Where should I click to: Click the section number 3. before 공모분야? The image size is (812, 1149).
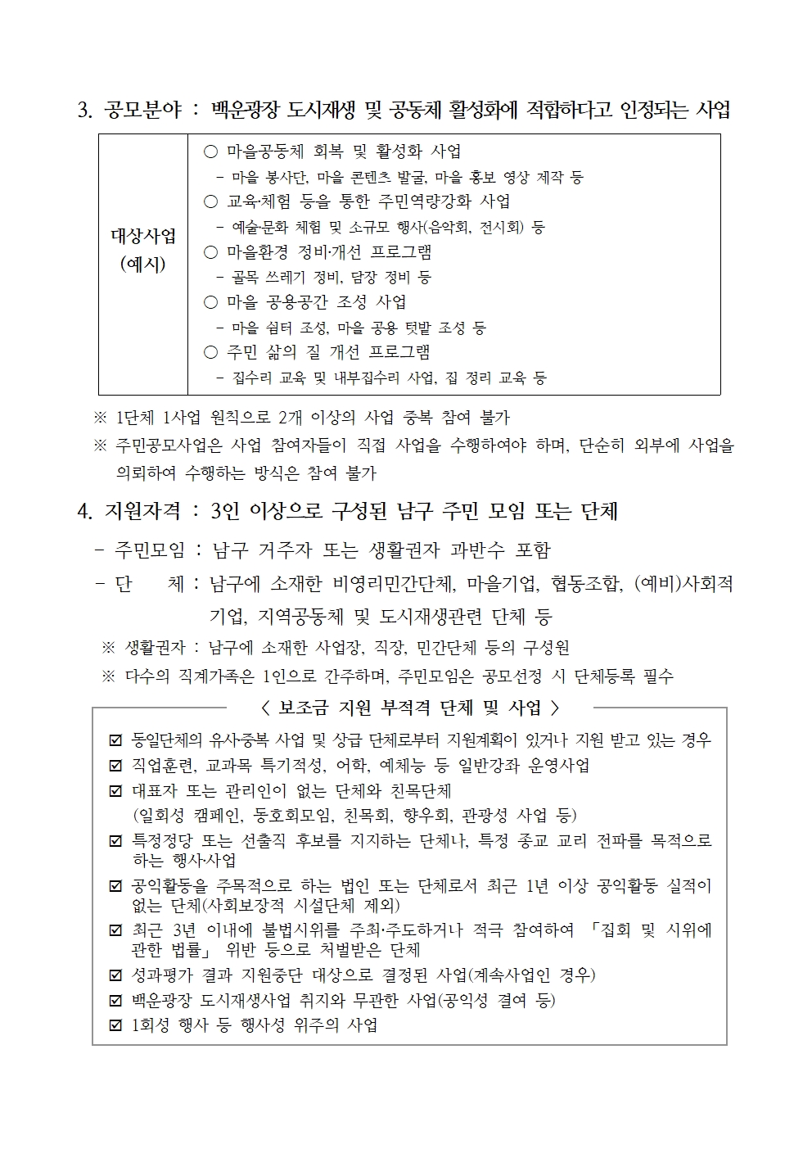click(84, 111)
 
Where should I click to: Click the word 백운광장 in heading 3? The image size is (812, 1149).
click(246, 110)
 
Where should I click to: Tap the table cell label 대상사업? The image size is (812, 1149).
click(143, 237)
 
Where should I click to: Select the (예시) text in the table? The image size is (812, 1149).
click(143, 265)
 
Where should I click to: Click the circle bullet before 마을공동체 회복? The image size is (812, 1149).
click(210, 152)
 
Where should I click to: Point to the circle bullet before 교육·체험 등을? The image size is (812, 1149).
click(210, 201)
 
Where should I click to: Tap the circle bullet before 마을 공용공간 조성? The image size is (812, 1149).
click(210, 302)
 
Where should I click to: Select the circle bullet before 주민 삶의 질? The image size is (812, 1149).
click(210, 352)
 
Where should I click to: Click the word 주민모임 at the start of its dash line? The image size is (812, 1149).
click(149, 550)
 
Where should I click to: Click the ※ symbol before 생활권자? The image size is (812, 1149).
click(108, 648)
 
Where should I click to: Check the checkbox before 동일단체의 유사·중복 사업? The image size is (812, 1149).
click(115, 741)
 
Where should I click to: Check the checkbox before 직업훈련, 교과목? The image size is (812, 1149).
click(115, 767)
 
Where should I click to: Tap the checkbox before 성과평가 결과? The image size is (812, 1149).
click(115, 975)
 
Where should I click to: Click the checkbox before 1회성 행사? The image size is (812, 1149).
click(115, 1025)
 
